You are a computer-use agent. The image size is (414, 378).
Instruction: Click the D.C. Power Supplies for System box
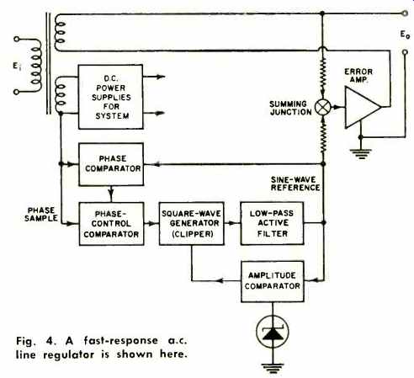(x=111, y=97)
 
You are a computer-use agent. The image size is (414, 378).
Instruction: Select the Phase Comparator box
(x=111, y=164)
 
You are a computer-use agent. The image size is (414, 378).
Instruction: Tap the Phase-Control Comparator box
(x=112, y=224)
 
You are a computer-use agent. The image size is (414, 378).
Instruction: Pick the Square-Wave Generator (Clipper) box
(x=192, y=224)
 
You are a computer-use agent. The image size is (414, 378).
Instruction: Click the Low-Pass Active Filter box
(x=272, y=223)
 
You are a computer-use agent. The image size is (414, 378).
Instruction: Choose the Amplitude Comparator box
(x=273, y=281)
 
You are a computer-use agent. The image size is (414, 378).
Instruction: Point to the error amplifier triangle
(x=363, y=107)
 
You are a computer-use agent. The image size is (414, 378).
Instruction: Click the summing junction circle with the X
(x=323, y=107)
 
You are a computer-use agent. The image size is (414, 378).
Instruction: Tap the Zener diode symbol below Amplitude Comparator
(x=273, y=332)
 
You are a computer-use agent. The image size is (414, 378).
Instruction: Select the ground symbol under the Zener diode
(x=273, y=369)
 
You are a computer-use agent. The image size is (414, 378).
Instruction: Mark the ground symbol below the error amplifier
(x=361, y=154)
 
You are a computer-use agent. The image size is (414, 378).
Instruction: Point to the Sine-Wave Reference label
(x=295, y=184)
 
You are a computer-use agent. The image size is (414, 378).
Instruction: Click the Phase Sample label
(x=41, y=214)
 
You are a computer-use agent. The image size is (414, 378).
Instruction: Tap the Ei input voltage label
(x=17, y=67)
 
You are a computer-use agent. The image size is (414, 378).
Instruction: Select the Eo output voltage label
(x=405, y=35)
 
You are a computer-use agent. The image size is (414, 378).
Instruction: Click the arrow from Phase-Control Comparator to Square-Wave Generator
(x=151, y=224)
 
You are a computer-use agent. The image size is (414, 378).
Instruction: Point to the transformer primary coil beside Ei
(x=36, y=66)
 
